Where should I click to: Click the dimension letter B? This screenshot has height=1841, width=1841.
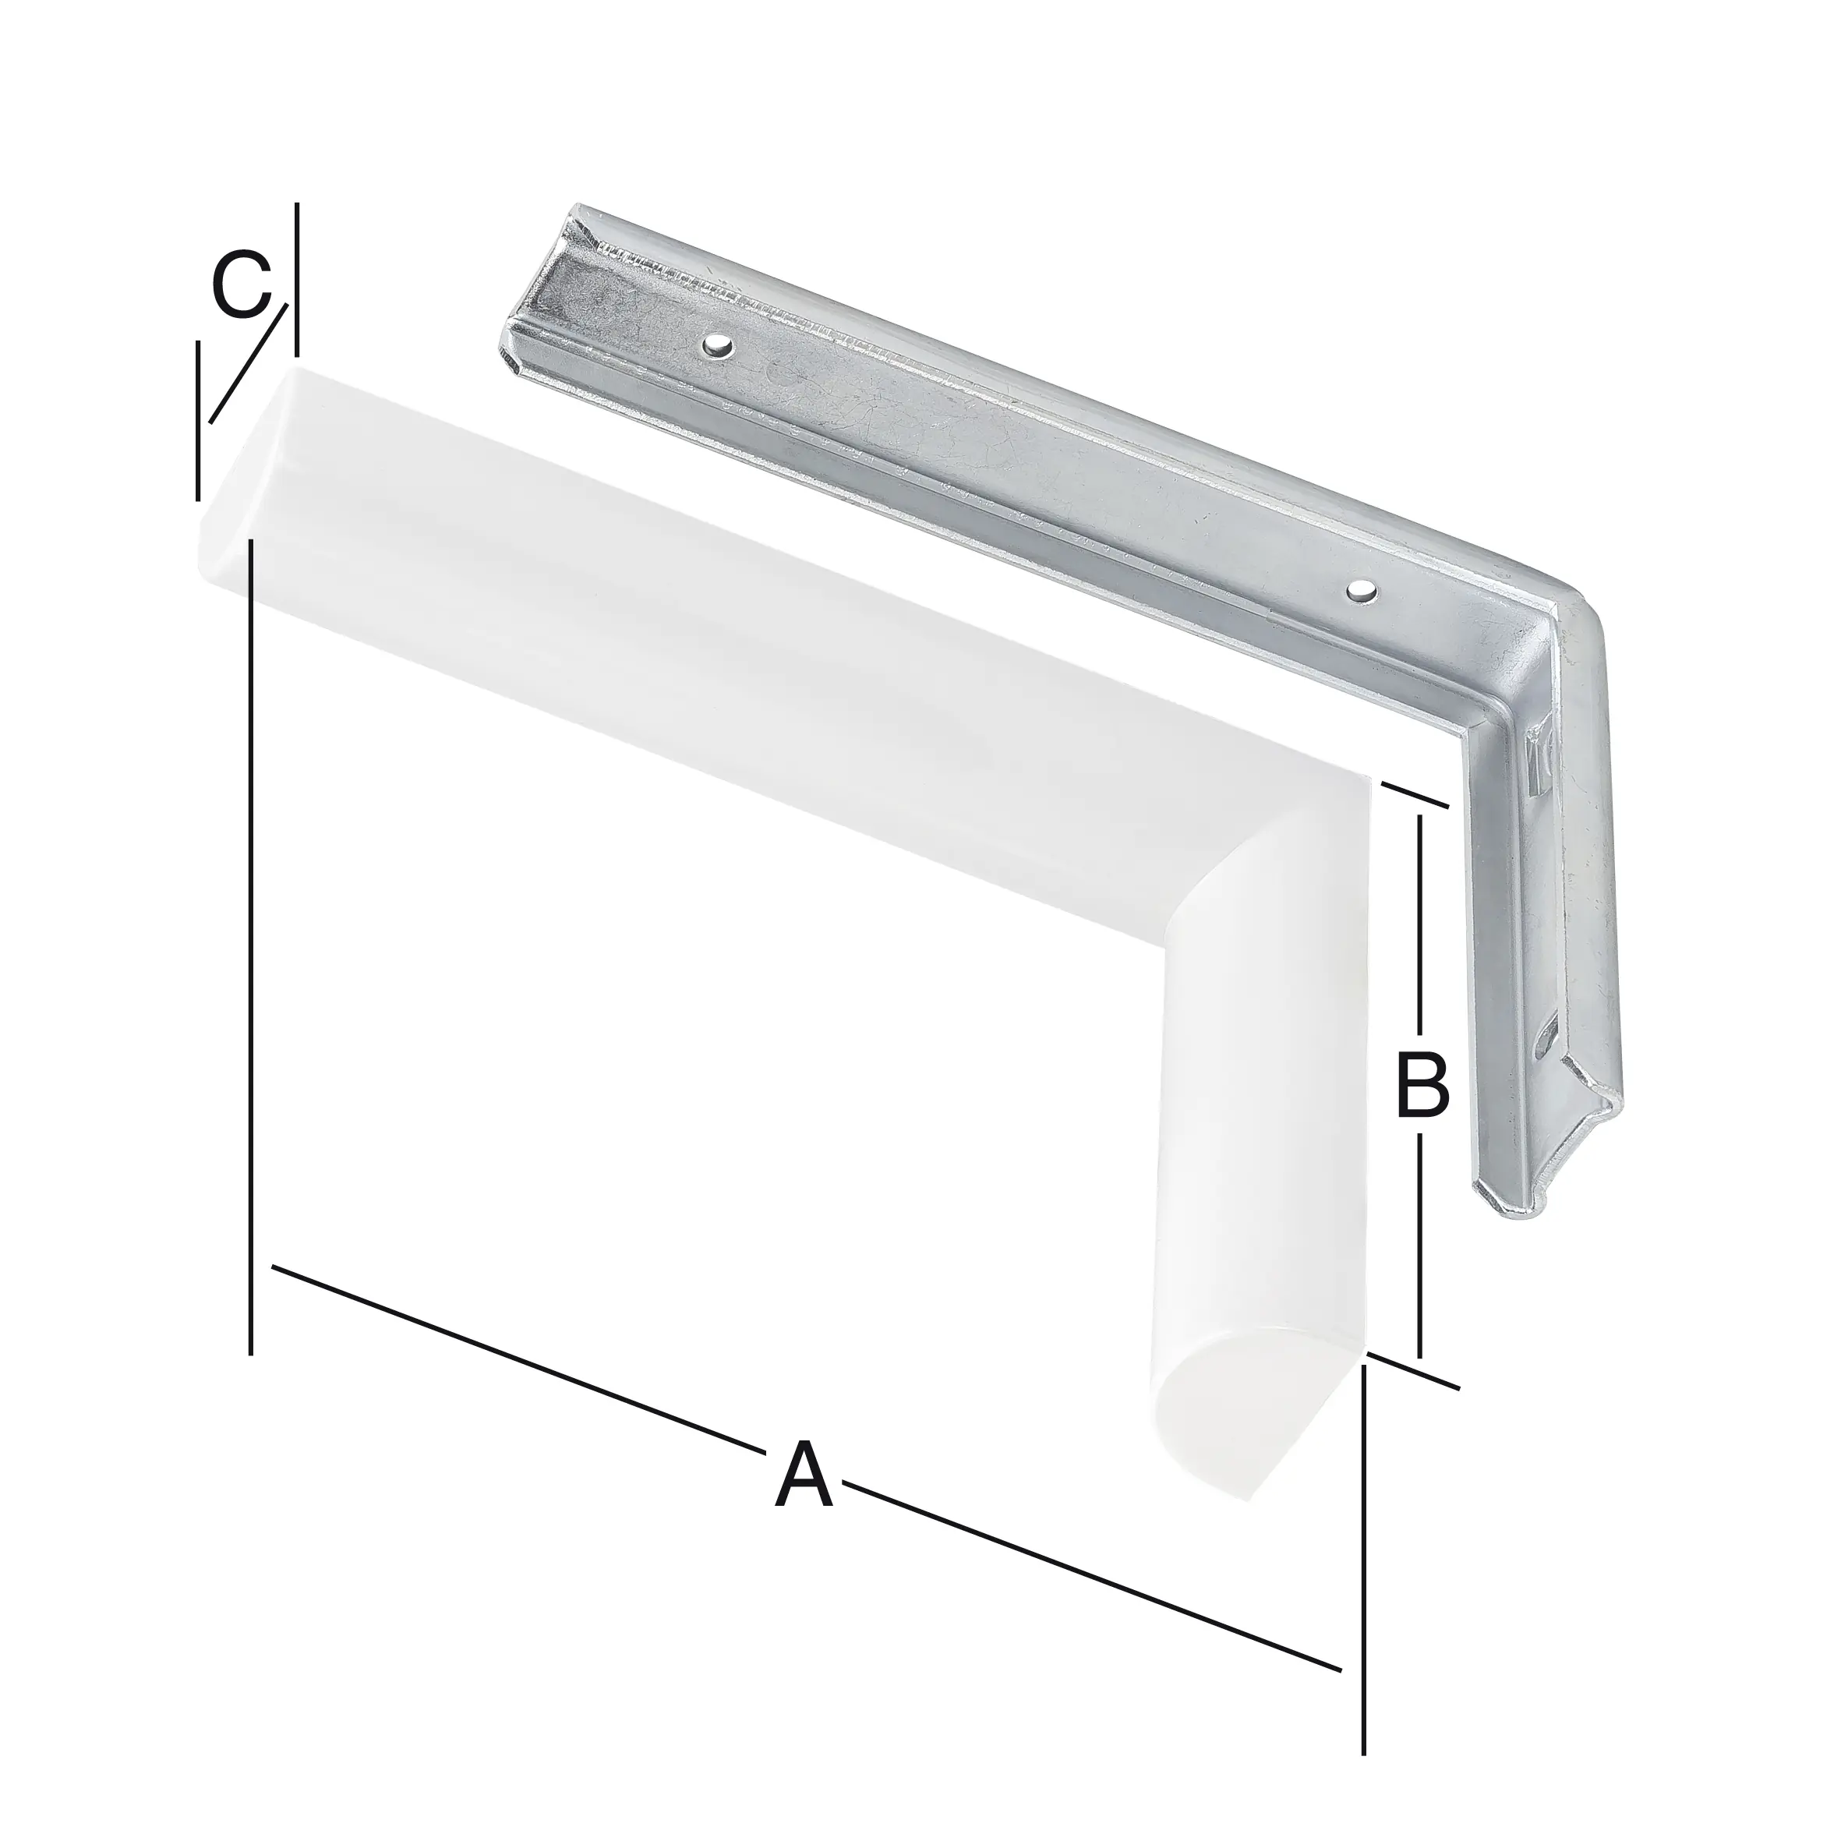pyautogui.click(x=1422, y=1083)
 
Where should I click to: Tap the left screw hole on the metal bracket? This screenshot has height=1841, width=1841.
pyautogui.click(x=716, y=346)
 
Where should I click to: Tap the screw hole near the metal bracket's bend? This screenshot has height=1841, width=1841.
pyautogui.click(x=1360, y=592)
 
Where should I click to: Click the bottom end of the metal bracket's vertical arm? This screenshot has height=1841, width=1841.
pyautogui.click(x=1534, y=1203)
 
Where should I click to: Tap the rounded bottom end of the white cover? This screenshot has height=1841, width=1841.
pyautogui.click(x=1229, y=1429)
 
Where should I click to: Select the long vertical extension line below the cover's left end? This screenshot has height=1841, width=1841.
pyautogui.click(x=251, y=953)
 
